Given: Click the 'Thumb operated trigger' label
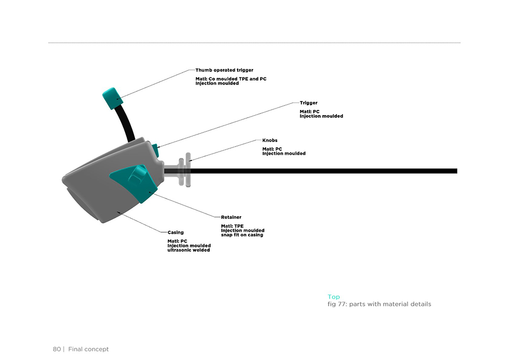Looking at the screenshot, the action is pyautogui.click(x=224, y=70).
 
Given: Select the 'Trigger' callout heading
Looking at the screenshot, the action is pyautogui.click(x=308, y=103).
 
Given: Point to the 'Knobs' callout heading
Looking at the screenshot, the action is pyautogui.click(x=270, y=140).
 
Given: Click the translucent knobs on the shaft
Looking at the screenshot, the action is pyautogui.click(x=185, y=170).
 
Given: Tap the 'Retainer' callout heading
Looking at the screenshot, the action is pyautogui.click(x=231, y=217).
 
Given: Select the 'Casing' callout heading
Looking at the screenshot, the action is pyautogui.click(x=176, y=232).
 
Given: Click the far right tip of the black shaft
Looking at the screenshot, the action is pyautogui.click(x=457, y=171).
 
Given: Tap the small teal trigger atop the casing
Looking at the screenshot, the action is pyautogui.click(x=155, y=150).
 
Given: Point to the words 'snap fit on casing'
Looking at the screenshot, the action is pyautogui.click(x=242, y=235).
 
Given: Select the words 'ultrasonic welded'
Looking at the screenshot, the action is pyautogui.click(x=189, y=250).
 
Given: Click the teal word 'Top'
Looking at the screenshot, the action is pyautogui.click(x=334, y=297).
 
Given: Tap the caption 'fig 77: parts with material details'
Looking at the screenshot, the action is pyautogui.click(x=379, y=304).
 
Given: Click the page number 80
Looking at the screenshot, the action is pyautogui.click(x=57, y=349).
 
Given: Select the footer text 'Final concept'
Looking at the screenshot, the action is pyautogui.click(x=88, y=349).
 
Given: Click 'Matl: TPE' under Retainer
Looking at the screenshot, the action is pyautogui.click(x=232, y=226).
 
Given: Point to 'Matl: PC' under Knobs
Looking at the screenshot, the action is pyautogui.click(x=272, y=149).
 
